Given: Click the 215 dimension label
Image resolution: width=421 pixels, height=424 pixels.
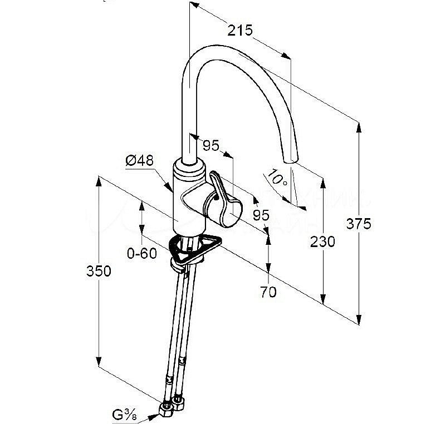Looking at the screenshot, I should pos(240,30).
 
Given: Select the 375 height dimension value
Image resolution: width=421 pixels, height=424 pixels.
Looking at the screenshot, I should pos(358,224).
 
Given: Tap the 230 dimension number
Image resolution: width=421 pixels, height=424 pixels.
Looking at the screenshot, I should pos(323,241).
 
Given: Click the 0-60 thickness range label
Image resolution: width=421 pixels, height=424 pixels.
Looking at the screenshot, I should pos(142,254).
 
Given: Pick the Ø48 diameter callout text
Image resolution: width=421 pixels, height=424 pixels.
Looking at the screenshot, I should pos(139,161).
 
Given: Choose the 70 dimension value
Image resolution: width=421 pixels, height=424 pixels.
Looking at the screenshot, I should pos(268,292).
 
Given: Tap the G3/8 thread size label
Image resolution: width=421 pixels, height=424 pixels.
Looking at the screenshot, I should pos(125,415).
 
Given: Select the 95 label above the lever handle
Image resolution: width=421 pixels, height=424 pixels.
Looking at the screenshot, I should pos(210,146).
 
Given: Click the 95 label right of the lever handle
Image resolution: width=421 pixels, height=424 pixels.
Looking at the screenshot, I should pos(261,214).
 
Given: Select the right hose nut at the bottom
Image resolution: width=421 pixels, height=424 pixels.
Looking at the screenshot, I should pos(178,400).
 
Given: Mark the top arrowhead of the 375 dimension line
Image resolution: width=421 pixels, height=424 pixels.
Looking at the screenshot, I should pos(358,125).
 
